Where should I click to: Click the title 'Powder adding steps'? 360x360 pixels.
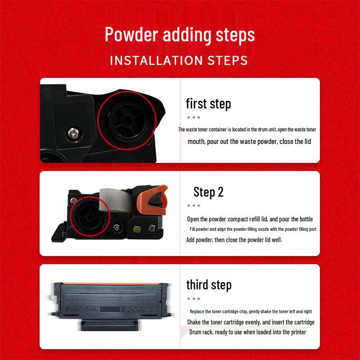(x=180, y=35)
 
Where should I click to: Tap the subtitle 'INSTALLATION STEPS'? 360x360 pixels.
(x=179, y=60)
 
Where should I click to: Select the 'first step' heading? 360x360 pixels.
(x=208, y=104)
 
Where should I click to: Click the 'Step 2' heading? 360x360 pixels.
(x=208, y=192)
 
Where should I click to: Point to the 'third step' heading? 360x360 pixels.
(x=209, y=285)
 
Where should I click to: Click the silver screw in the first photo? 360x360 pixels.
(x=72, y=132)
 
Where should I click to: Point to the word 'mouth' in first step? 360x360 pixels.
(x=196, y=141)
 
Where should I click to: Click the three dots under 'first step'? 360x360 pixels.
(x=193, y=117)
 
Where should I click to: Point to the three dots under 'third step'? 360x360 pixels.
(x=193, y=298)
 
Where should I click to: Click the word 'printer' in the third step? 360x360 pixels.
(x=296, y=332)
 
